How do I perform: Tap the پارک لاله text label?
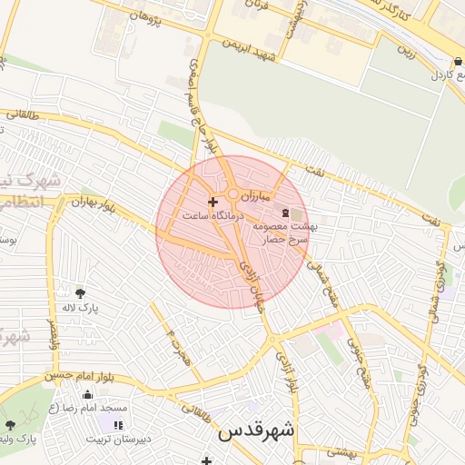tap(79, 309)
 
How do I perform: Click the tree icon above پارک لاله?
tap(80, 292)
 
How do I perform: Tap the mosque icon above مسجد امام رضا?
tap(87, 394)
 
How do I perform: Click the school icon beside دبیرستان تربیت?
tap(117, 424)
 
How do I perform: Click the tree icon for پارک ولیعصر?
tap(10, 424)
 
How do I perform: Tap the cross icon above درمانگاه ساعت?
tap(213, 202)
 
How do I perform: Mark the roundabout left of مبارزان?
tap(233, 194)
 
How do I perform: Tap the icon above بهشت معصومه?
tap(286, 213)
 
